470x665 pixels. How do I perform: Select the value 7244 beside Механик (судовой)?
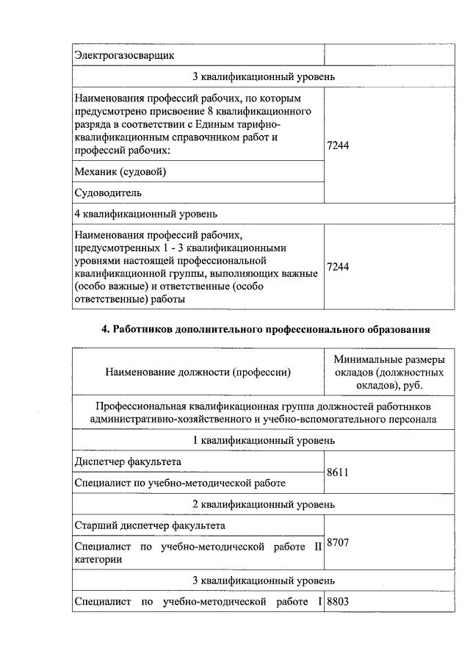coord(338,146)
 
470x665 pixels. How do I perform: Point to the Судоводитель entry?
coord(108,193)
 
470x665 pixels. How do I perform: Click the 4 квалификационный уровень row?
coord(146,214)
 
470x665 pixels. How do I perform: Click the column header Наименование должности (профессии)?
coord(198,372)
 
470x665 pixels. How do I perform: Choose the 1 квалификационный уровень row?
coord(264,440)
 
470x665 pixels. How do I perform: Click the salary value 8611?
coord(337,472)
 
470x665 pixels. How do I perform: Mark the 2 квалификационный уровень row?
coord(264,504)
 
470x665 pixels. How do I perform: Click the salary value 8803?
coord(337,603)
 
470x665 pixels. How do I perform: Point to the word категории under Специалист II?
coord(98,559)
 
